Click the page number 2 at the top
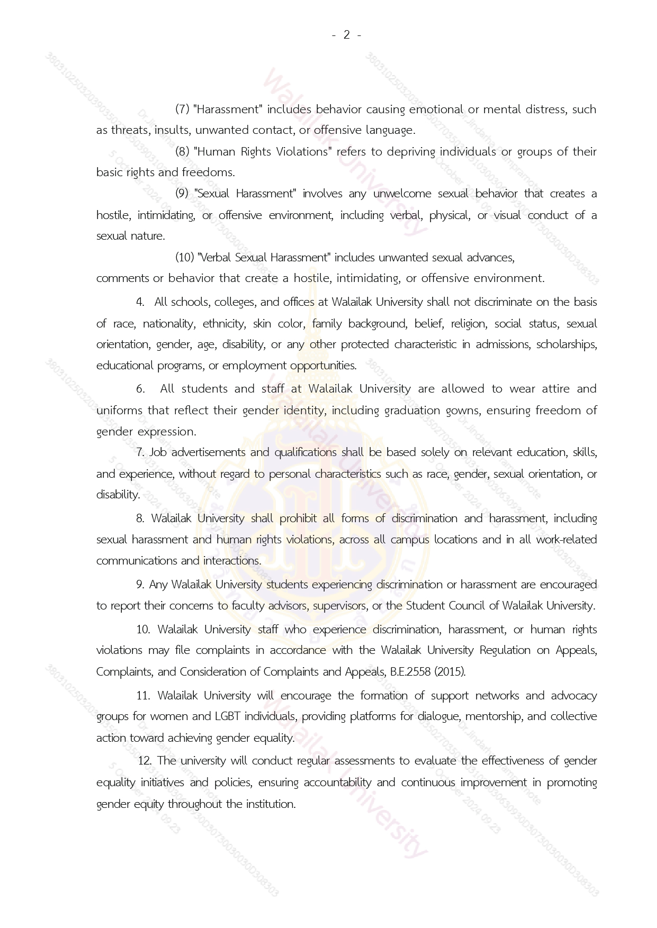[x=347, y=35]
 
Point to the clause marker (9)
[x=182, y=194]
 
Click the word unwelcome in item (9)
[x=402, y=194]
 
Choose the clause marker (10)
[x=184, y=258]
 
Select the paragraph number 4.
[x=140, y=302]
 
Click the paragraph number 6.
[x=140, y=389]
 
